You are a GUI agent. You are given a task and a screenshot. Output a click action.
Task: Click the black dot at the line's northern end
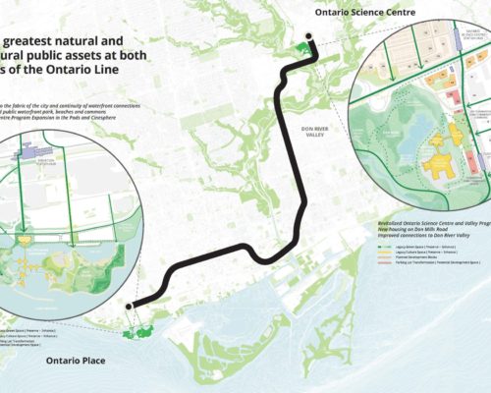[309, 38]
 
